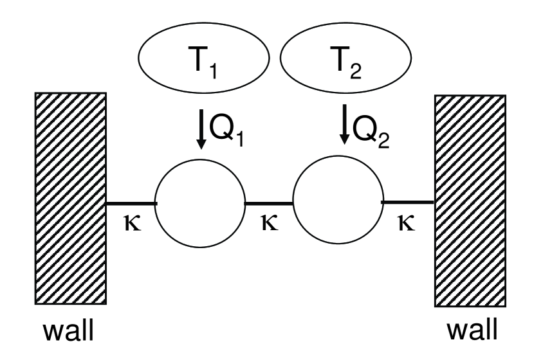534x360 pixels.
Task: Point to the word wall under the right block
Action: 472,333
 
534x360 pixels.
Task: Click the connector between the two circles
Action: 269,203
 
